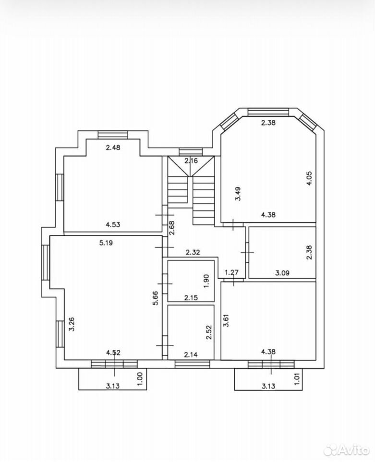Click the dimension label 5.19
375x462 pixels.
pyautogui.click(x=106, y=243)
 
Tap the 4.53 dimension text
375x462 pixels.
pyautogui.click(x=113, y=225)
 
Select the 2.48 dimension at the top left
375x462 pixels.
pyautogui.click(x=113, y=147)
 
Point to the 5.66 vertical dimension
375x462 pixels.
pyautogui.click(x=156, y=298)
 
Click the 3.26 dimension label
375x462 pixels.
pyautogui.click(x=72, y=324)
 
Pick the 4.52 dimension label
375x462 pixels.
pyautogui.click(x=113, y=352)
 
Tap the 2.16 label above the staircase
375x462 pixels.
pyautogui.click(x=191, y=161)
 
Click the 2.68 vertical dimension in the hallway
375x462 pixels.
pyautogui.click(x=172, y=228)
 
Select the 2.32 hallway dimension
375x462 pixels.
pyautogui.click(x=193, y=252)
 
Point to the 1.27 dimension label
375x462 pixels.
pyautogui.click(x=231, y=272)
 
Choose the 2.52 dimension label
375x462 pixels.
pyautogui.click(x=209, y=333)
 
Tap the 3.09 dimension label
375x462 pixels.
pyautogui.click(x=282, y=273)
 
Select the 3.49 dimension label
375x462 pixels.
pyautogui.click(x=238, y=193)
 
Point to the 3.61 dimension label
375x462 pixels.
pyautogui.click(x=226, y=320)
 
